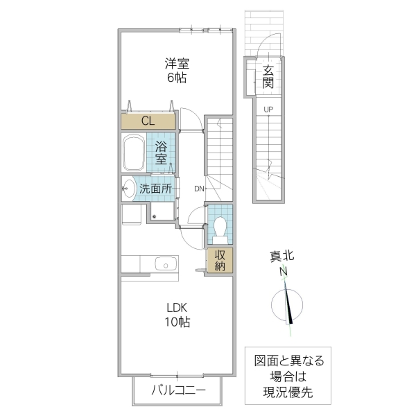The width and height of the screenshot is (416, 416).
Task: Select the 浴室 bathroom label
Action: point(161,153)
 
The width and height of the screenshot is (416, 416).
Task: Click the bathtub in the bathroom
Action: point(133,154)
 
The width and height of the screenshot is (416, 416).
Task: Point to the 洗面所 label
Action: point(155,188)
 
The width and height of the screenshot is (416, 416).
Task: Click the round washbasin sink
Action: point(128,187)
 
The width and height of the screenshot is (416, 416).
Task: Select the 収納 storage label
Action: point(220,260)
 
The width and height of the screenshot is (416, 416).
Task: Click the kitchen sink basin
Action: point(165,264)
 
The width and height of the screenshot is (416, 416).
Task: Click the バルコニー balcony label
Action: point(178,390)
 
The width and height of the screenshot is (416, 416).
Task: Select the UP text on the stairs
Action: point(268,110)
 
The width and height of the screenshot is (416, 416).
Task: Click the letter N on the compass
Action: point(284,272)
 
